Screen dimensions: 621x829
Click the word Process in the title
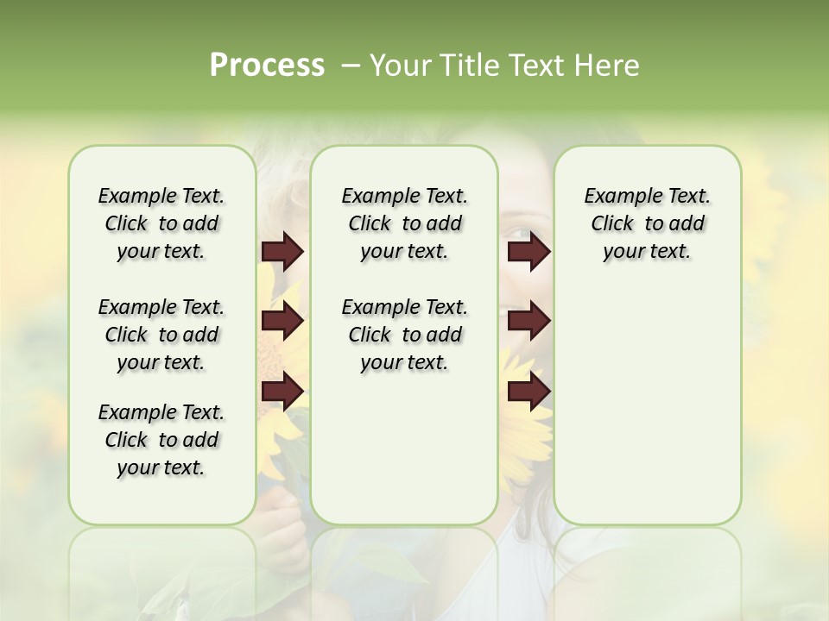coord(267,66)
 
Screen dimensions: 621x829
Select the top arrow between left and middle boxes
coord(282,252)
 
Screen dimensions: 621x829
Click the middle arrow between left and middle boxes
coord(282,322)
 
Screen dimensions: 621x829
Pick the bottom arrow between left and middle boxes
coord(282,392)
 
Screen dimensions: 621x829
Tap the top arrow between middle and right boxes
coord(528,252)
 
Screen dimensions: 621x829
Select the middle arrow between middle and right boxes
coord(528,322)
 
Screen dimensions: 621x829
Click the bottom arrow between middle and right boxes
coord(528,392)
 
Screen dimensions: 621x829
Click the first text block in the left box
coord(161,223)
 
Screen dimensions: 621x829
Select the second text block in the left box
coord(161,335)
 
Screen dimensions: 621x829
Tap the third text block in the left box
coord(161,440)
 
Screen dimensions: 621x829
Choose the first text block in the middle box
coord(404,223)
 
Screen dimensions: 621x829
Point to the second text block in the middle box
coord(404,335)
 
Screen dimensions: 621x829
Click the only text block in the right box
coord(647,223)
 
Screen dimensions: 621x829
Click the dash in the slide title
coord(350,66)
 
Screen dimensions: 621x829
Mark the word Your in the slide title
coord(397,66)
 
